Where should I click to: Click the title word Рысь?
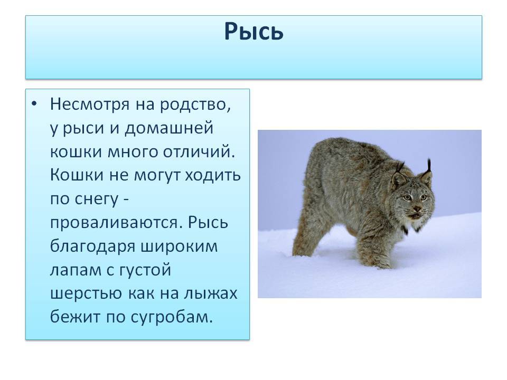(x=254, y=31)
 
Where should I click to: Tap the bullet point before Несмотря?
(x=34, y=104)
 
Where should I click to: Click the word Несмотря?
(x=90, y=104)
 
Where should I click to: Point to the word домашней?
(x=169, y=128)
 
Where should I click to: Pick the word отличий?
(x=199, y=152)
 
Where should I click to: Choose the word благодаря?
(x=93, y=246)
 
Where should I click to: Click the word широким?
(x=180, y=246)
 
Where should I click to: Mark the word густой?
(x=145, y=270)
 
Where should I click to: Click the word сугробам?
(x=172, y=317)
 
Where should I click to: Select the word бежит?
(x=75, y=317)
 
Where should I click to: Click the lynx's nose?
(x=417, y=209)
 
